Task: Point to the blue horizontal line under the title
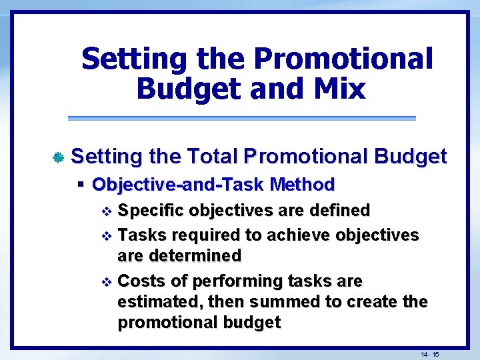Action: [241, 119]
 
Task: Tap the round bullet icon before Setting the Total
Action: [58, 158]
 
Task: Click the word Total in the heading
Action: [213, 157]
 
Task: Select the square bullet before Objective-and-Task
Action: [81, 184]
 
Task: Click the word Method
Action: [303, 184]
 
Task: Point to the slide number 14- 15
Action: [429, 353]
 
